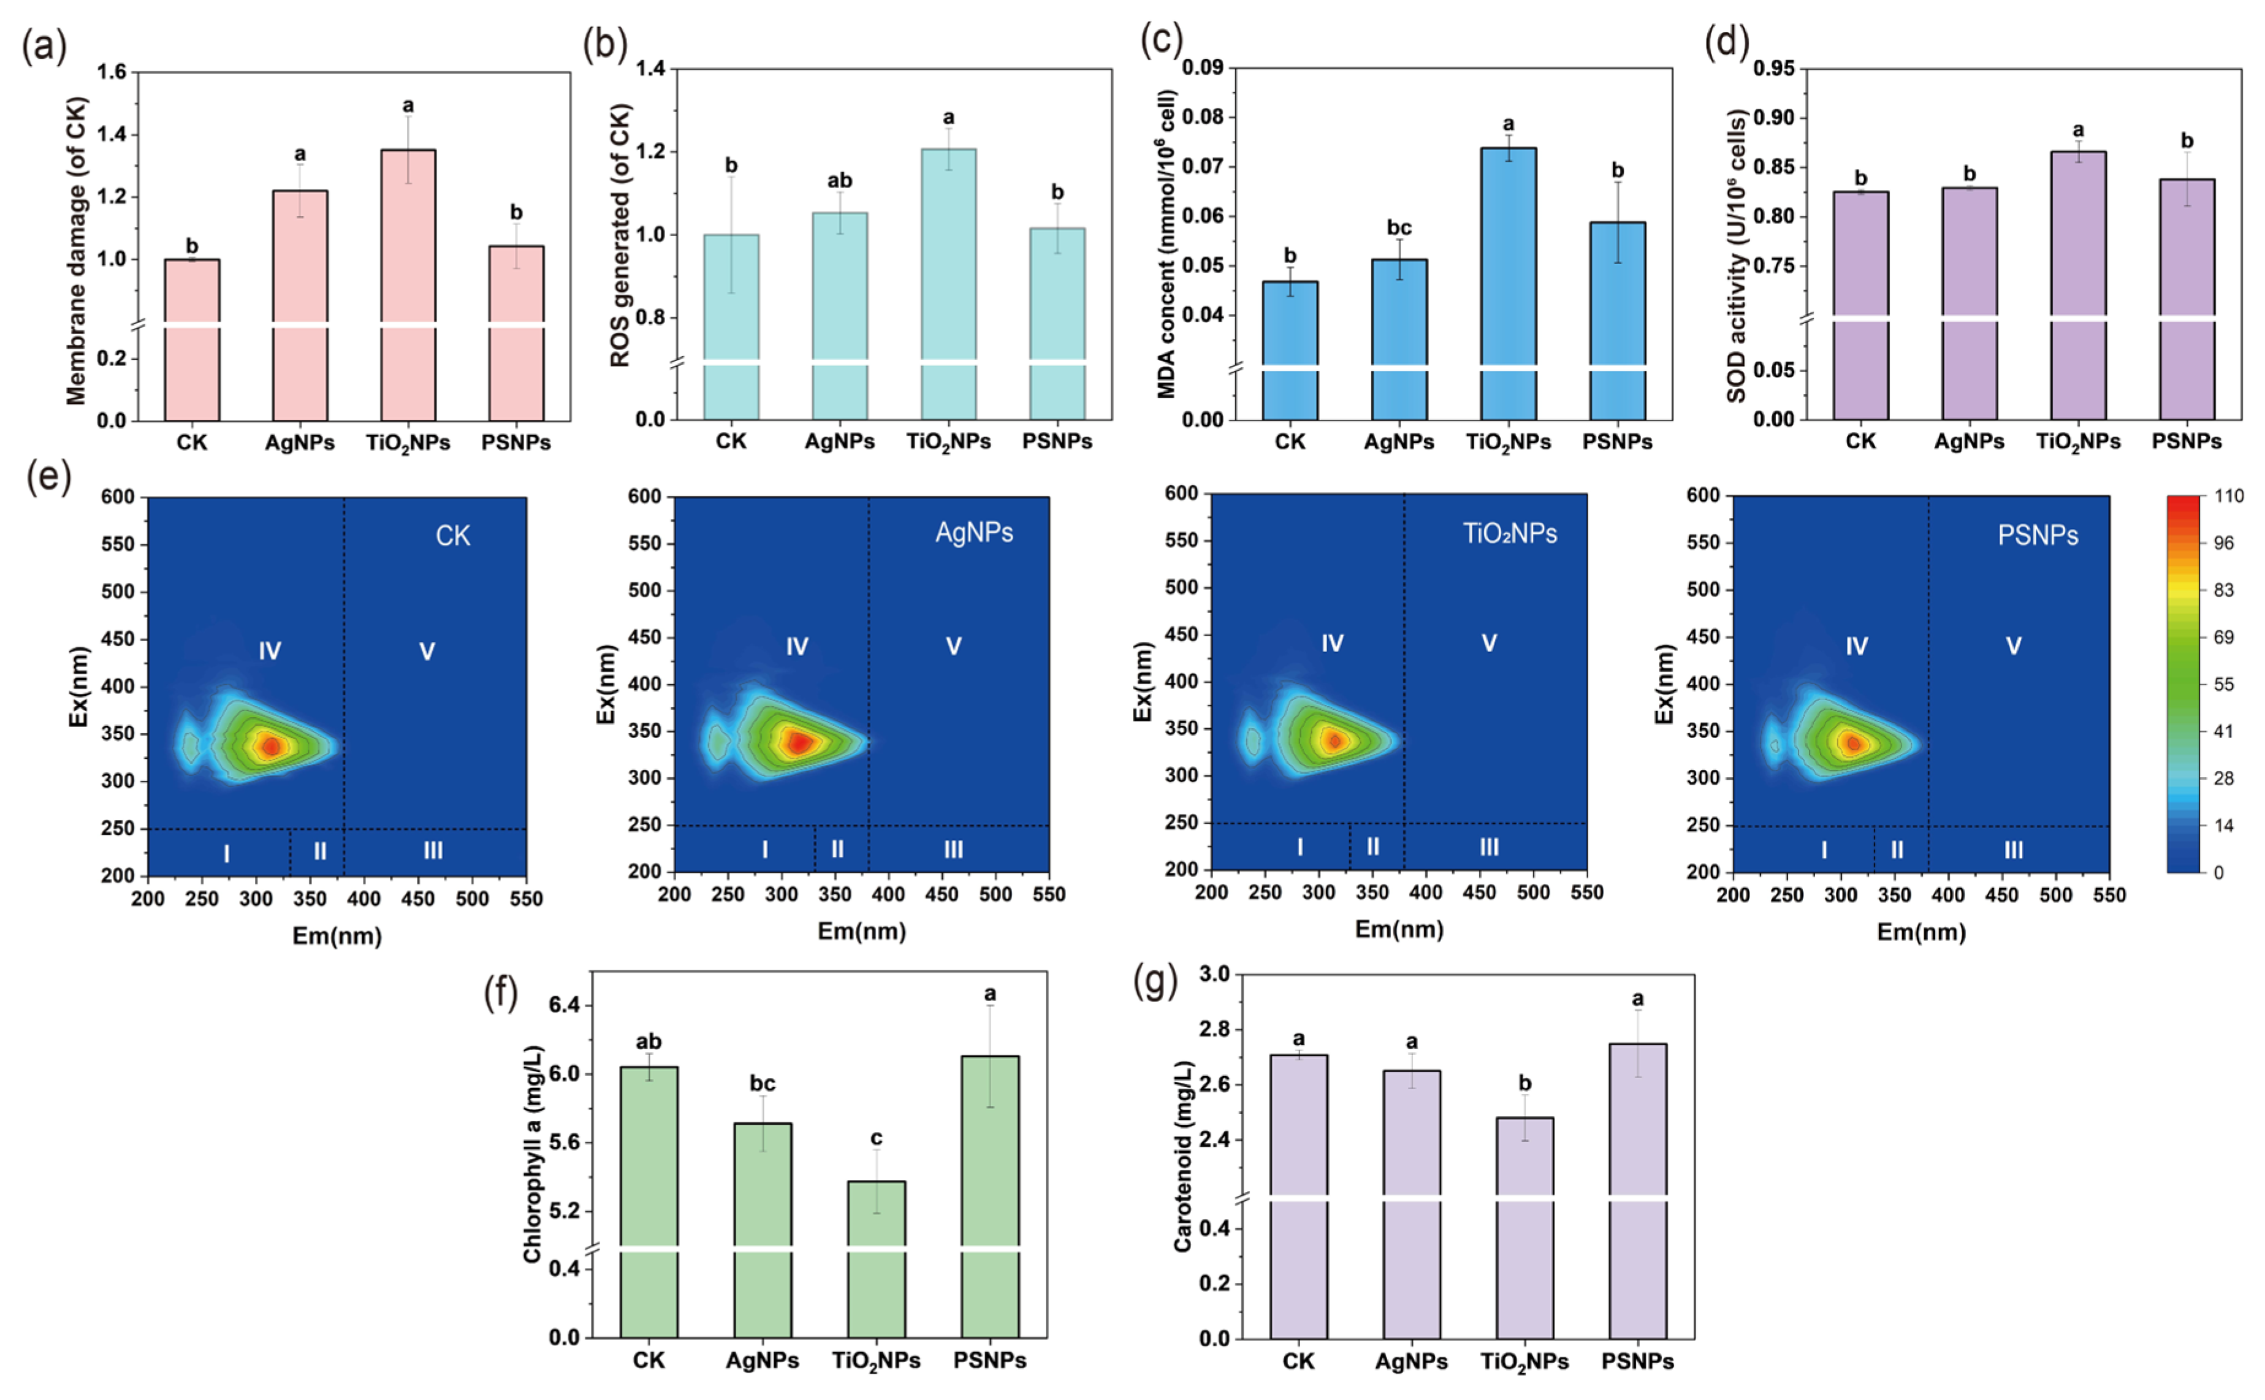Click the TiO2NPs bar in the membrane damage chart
point(408,285)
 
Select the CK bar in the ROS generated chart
point(731,327)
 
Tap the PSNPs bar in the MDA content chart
point(1617,321)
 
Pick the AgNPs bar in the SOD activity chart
point(1969,303)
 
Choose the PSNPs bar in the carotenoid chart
point(1637,1192)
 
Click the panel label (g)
point(1155,983)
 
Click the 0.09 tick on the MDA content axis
point(1202,67)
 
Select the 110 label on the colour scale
point(2228,496)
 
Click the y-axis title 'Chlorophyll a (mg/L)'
point(533,1154)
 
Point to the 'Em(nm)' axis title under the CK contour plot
point(337,936)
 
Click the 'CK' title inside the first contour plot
point(453,536)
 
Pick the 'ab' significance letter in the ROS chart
point(840,181)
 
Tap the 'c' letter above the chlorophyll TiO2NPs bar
point(876,1139)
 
